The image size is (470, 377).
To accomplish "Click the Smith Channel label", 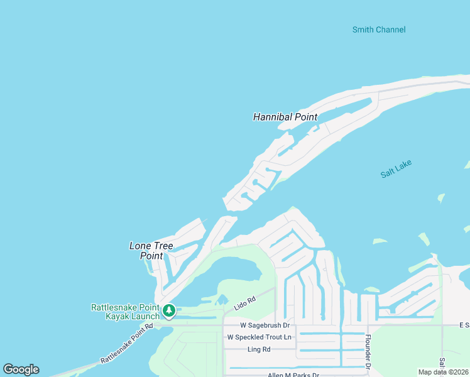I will [378, 30].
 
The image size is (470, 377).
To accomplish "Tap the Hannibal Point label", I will [285, 117].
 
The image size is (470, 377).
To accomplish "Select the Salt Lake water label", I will [396, 168].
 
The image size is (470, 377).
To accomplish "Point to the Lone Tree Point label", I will [151, 251].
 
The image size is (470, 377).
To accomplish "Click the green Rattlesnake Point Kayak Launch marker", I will [168, 310].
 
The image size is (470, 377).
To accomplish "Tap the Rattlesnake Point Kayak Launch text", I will [126, 312].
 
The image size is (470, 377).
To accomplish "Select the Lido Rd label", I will [246, 303].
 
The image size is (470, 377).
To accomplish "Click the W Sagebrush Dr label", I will [265, 325].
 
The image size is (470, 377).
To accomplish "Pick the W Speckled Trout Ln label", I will [260, 337].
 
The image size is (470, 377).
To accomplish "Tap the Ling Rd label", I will [259, 349].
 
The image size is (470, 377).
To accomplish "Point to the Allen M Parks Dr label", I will [293, 375].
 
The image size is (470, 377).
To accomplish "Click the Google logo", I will [21, 369].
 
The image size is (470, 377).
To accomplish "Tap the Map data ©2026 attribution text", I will [442, 372].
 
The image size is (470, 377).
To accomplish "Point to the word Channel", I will [391, 30].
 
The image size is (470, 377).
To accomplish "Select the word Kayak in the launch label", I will [117, 316].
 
